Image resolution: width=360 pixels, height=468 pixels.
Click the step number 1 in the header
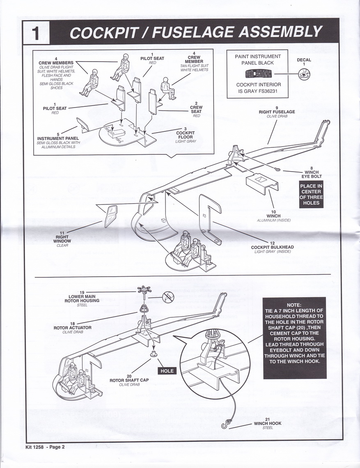pyautogui.click(x=36, y=33)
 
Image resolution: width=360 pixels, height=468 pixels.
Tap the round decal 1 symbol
pyautogui.click(x=304, y=74)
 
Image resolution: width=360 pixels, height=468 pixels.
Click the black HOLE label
pyautogui.click(x=167, y=370)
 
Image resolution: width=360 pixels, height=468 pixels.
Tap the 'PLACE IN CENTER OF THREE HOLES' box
pyautogui.click(x=311, y=194)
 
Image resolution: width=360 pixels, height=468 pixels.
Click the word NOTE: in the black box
pyautogui.click(x=294, y=305)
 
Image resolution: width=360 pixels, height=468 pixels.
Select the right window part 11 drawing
pyautogui.click(x=110, y=216)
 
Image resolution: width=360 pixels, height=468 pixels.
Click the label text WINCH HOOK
pyautogui.click(x=268, y=423)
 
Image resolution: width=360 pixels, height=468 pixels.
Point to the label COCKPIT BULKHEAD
pyautogui.click(x=273, y=247)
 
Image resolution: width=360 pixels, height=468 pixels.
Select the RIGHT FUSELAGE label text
pyautogui.click(x=277, y=112)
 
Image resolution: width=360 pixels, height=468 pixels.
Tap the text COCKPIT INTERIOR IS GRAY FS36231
pyautogui.click(x=258, y=88)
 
